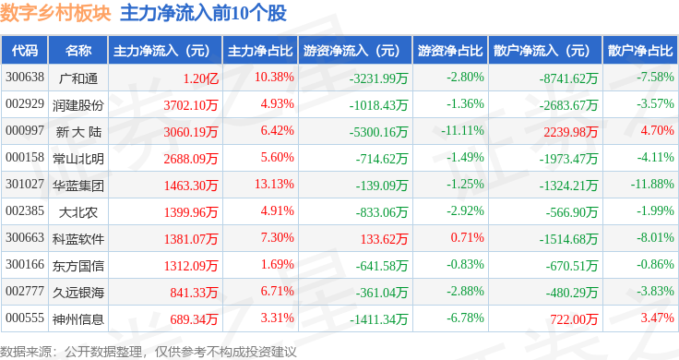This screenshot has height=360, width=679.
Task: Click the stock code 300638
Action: pyautogui.click(x=25, y=78)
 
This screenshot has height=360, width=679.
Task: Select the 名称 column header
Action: pyautogui.click(x=78, y=51)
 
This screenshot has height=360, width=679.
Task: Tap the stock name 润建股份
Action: pyautogui.click(x=78, y=105)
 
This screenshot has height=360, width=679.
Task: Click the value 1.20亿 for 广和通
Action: pyautogui.click(x=200, y=78)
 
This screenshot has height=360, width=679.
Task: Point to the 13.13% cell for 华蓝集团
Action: pyautogui.click(x=274, y=184)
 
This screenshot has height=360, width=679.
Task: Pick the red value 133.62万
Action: pyautogui.click(x=384, y=239)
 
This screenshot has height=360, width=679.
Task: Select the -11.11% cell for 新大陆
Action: pyautogui.click(x=462, y=130)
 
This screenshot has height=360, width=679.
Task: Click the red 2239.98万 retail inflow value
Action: pyautogui.click(x=571, y=132)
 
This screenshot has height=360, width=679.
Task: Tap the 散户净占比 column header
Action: pyautogui.click(x=640, y=51)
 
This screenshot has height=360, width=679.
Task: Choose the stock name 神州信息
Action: pyautogui.click(x=78, y=319)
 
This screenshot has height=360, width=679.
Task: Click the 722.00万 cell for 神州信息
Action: pyautogui.click(x=574, y=319)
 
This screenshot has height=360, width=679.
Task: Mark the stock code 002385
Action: pyautogui.click(x=25, y=211)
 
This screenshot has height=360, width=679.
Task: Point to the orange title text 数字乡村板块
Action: pyautogui.click(x=55, y=13)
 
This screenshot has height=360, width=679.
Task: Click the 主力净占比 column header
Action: pyautogui.click(x=260, y=51)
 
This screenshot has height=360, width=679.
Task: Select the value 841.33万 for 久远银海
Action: pyautogui.click(x=194, y=293)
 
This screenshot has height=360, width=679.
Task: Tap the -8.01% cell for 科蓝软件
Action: pyautogui.click(x=655, y=237)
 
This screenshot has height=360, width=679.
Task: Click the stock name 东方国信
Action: pyautogui.click(x=78, y=266)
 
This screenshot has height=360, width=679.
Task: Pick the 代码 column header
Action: pyautogui.click(x=25, y=51)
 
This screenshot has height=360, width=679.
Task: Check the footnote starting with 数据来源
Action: pyautogui.click(x=149, y=352)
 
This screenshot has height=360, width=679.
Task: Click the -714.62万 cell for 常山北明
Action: pyautogui.click(x=382, y=159)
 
